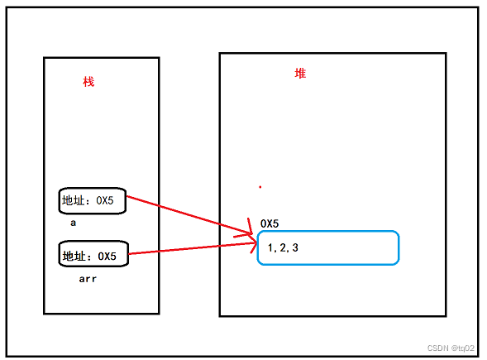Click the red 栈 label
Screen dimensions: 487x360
(x=88, y=82)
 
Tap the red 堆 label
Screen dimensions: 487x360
(x=300, y=74)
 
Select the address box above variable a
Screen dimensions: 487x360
(x=93, y=201)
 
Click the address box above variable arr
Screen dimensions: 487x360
(x=93, y=254)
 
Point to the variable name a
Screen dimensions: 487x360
(x=74, y=223)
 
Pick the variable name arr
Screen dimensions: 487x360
(x=88, y=279)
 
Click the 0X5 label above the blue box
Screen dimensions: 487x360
(x=270, y=223)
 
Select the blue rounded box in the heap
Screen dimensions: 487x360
(x=328, y=247)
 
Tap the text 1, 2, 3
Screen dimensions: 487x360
(x=283, y=247)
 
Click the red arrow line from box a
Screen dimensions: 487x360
(x=190, y=215)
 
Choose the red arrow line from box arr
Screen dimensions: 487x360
(x=193, y=248)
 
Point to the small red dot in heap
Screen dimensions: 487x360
(x=260, y=187)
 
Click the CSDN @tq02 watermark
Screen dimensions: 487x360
(x=451, y=348)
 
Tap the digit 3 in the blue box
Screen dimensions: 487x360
(x=295, y=247)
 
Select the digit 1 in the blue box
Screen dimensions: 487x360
(x=270, y=247)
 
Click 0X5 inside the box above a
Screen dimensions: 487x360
(x=105, y=200)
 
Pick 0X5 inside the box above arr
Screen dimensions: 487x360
(x=107, y=257)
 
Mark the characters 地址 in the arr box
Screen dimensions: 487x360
(x=74, y=257)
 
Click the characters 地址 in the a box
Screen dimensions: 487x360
(x=74, y=200)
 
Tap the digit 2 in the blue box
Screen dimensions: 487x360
(x=283, y=247)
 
